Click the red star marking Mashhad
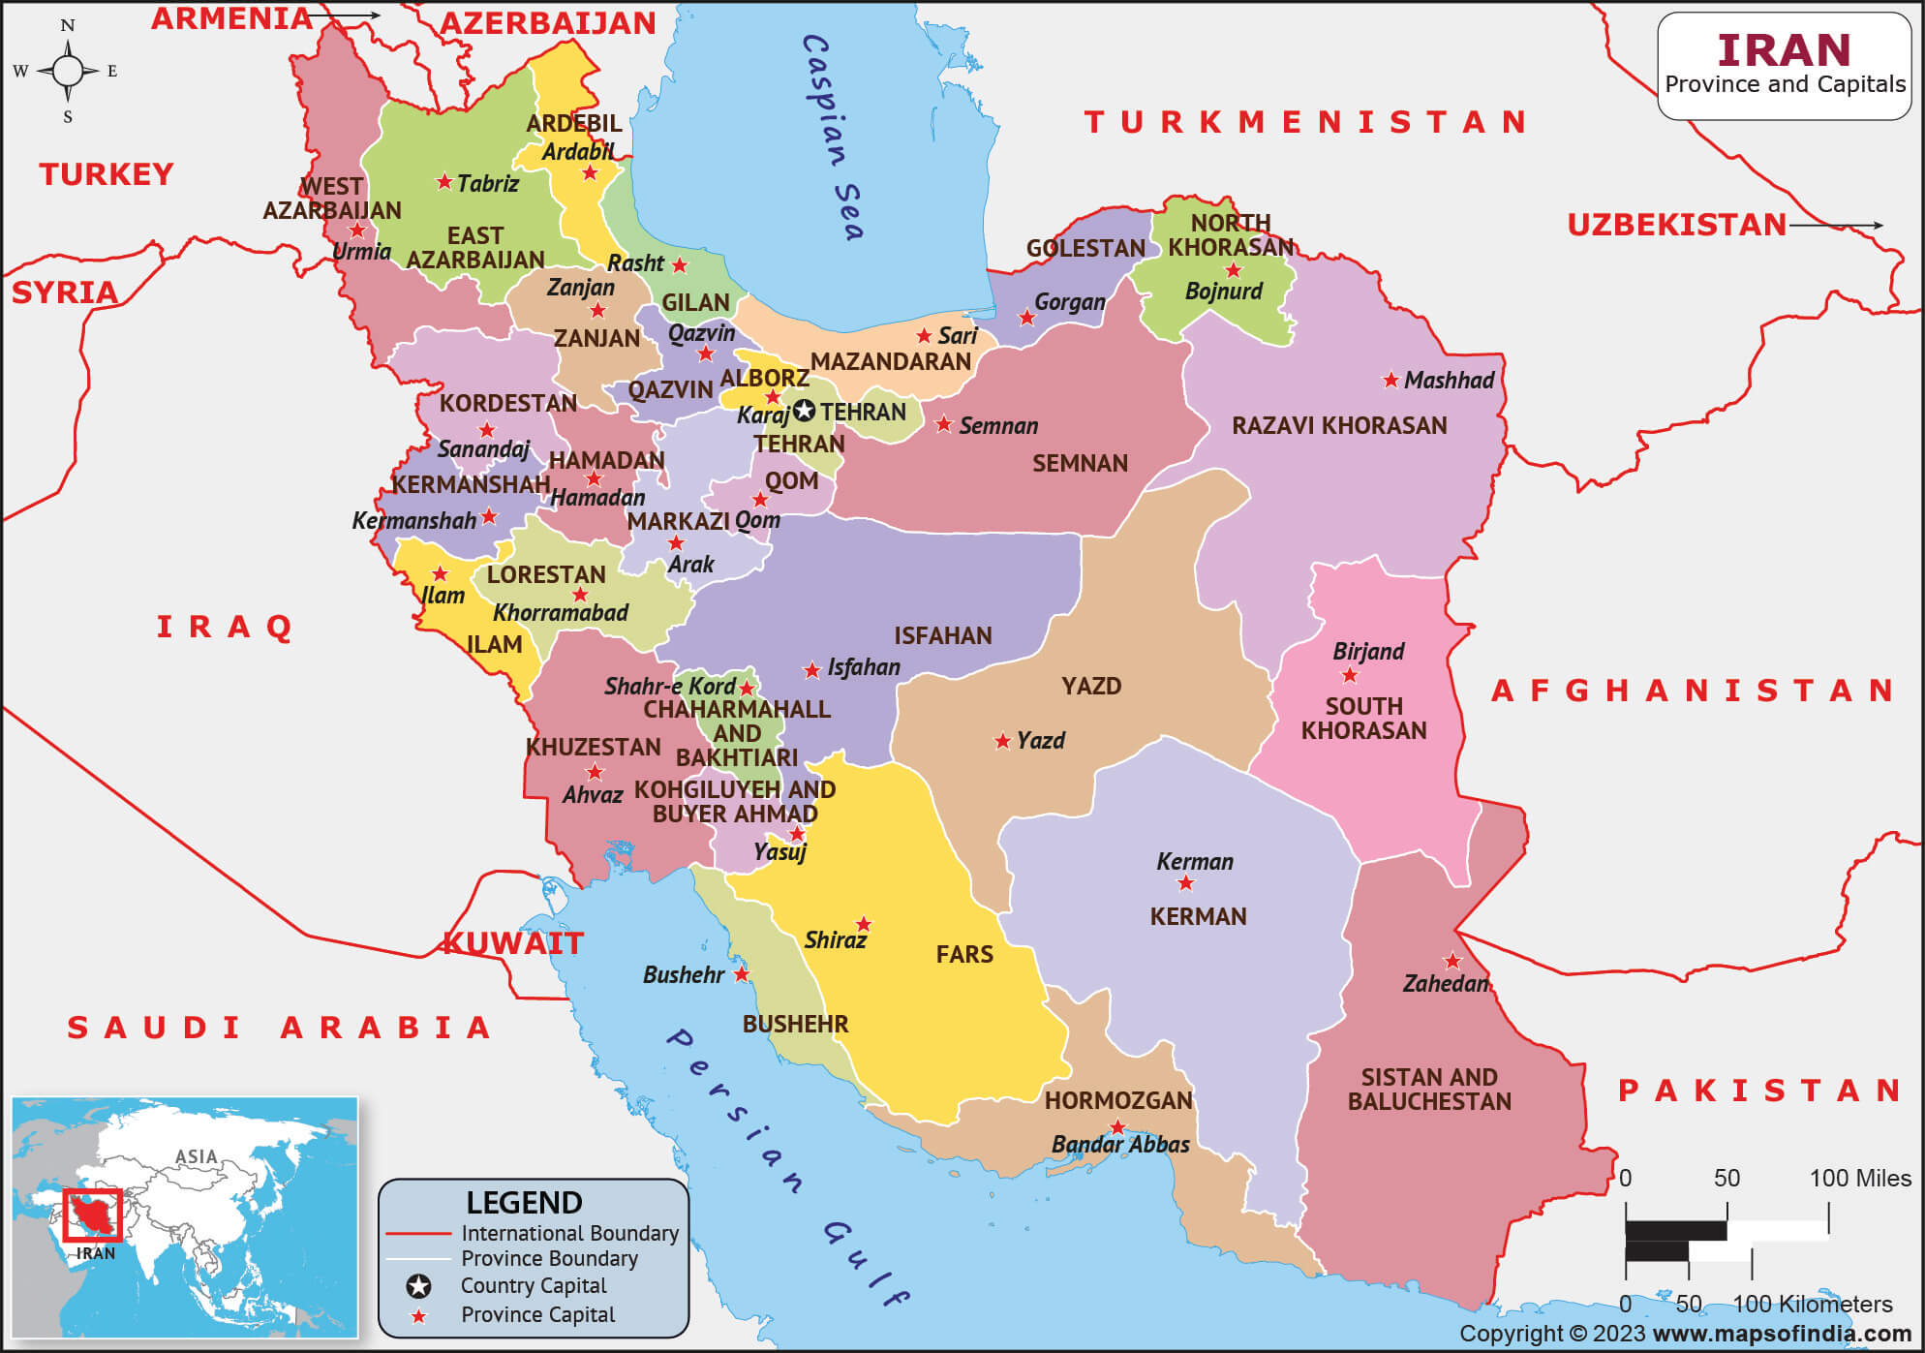(1390, 381)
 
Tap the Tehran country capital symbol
(804, 412)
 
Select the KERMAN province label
(1198, 916)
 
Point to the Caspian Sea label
(832, 138)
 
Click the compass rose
(68, 71)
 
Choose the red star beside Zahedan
(1452, 962)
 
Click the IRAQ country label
(225, 628)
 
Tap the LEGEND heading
(524, 1203)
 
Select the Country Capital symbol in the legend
(418, 1286)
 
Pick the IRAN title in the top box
(1784, 50)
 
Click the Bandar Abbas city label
(1120, 1145)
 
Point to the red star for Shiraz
(864, 924)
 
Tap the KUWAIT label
(513, 943)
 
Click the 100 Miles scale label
(1859, 1179)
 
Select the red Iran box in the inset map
(93, 1215)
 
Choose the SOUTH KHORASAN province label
(1363, 719)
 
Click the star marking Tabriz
(444, 181)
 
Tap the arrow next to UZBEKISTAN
(1836, 225)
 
